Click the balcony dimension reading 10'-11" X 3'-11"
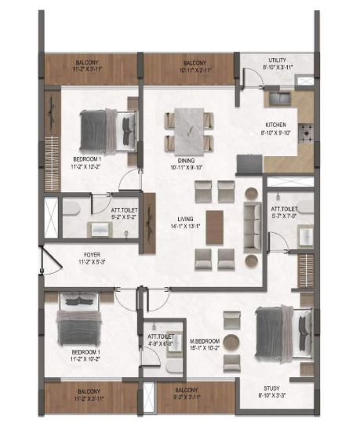coord(188,68)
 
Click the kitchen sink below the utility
coord(280,98)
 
